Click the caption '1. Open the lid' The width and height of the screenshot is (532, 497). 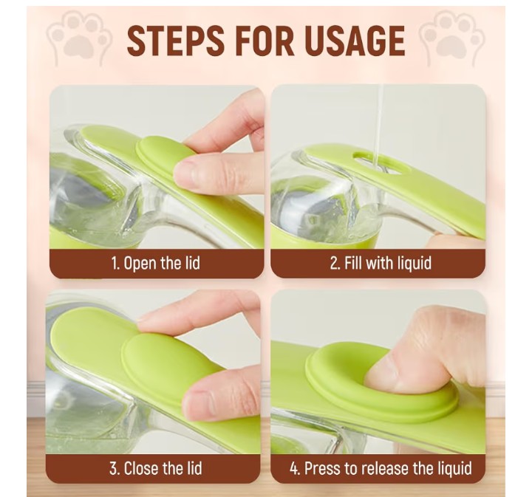(x=155, y=263)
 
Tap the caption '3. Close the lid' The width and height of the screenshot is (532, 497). (x=155, y=467)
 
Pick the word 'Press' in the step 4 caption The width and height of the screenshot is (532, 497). (x=324, y=467)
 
